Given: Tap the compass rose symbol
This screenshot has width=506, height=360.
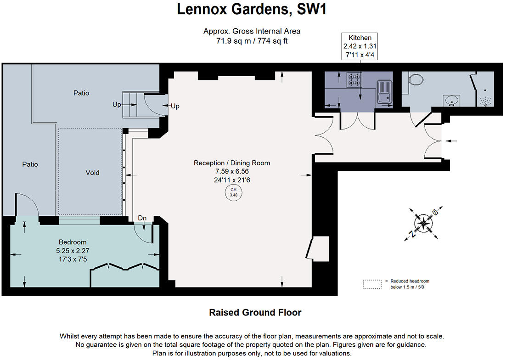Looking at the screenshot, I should point(422,224).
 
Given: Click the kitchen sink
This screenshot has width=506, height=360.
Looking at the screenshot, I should point(383,91).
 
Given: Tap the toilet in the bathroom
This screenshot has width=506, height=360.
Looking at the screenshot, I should point(416,80).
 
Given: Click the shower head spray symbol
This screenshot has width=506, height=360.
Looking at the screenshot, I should point(485,101).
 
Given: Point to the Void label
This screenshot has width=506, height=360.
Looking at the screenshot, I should point(92,173).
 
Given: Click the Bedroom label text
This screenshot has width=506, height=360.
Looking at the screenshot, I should point(73,242).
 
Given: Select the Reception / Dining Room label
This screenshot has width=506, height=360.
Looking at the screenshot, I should point(232,163).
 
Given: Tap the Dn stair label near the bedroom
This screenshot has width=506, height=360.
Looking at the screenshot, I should point(142,218).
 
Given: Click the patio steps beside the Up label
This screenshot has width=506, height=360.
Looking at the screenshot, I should point(131,105).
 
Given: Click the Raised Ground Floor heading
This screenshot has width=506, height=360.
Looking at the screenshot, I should point(255,313).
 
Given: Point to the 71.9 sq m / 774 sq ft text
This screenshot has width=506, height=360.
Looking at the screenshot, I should point(252,40).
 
